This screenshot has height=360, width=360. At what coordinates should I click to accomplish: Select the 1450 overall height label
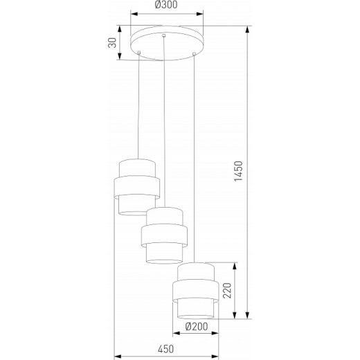tap(239, 172)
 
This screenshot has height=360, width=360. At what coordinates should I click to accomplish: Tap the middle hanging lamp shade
tap(165, 235)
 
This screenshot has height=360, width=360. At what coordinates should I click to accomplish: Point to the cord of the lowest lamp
tap(196, 159)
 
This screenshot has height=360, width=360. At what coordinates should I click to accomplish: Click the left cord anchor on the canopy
tap(139, 53)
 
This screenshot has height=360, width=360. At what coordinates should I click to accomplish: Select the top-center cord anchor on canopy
tap(163, 36)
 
